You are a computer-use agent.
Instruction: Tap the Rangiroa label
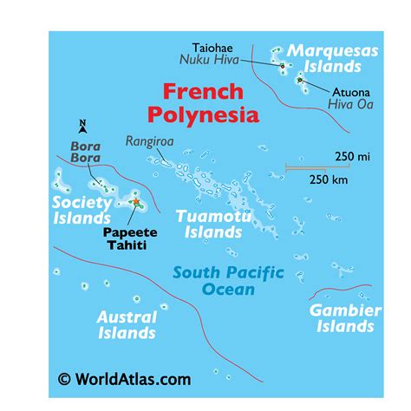click(149, 140)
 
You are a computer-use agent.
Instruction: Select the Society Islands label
click(82, 209)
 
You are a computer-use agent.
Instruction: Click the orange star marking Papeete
click(136, 202)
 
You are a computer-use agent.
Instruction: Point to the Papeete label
click(129, 232)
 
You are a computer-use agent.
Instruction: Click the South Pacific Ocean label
click(228, 280)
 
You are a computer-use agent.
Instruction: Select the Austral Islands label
click(127, 324)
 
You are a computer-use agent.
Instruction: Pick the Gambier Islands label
click(345, 317)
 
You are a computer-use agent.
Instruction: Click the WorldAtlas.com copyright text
click(124, 379)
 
